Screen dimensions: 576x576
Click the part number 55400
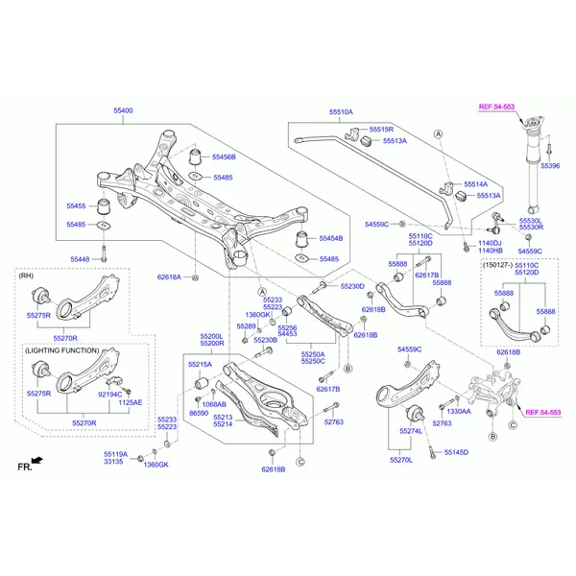click(124, 111)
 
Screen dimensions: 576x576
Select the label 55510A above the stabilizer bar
click(341, 112)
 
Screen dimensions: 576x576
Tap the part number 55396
click(549, 166)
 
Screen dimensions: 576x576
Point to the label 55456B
click(224, 156)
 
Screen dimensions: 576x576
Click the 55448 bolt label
click(80, 259)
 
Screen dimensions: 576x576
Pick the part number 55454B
click(330, 238)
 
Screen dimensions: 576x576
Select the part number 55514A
click(476, 183)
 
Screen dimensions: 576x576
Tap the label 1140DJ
click(491, 243)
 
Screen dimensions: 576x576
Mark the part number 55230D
click(352, 286)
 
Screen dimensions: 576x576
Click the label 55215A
click(200, 365)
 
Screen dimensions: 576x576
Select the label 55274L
click(410, 432)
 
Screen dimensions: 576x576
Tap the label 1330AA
click(459, 411)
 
